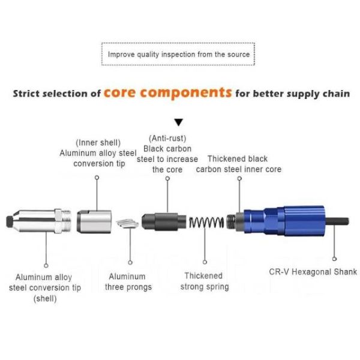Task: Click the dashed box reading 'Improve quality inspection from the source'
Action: pos(179,55)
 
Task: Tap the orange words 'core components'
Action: pos(167,93)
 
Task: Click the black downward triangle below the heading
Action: pos(178,122)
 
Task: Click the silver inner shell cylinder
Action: pos(95,221)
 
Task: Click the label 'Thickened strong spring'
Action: pos(205,281)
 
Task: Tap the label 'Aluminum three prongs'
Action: pos(128,282)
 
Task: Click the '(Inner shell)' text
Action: pos(98,143)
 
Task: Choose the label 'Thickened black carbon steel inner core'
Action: pos(238,164)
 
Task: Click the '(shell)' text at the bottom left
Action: pos(44,298)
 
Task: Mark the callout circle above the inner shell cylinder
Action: pos(97,178)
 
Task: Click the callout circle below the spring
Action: pos(205,262)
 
